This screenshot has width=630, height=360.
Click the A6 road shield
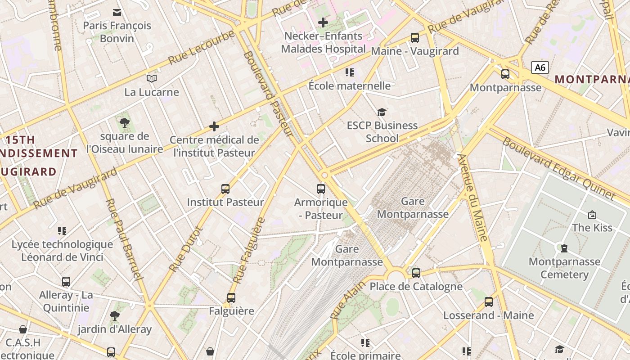pos(540,68)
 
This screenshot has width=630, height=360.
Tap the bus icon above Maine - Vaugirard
pos(415,38)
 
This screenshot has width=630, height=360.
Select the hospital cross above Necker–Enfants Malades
pos(323,22)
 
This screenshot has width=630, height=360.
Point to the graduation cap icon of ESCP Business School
pos(382,112)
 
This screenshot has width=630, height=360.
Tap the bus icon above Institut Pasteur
pos(225,189)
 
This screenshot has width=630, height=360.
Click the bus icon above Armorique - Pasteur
pos(321,189)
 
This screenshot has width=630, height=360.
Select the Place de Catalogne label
pos(416,287)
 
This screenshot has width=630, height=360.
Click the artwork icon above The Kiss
pos(592,215)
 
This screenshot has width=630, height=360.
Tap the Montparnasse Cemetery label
pos(564,268)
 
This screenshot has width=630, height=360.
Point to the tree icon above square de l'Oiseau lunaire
pos(125,122)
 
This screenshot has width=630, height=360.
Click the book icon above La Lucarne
pos(152,79)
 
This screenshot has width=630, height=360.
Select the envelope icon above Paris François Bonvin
pos(117,12)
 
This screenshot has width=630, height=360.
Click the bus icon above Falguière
pos(231,297)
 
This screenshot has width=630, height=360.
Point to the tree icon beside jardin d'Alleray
pos(115,316)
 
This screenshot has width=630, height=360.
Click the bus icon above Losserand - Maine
pos(489,302)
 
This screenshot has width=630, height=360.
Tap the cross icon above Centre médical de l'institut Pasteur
pos(214,126)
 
